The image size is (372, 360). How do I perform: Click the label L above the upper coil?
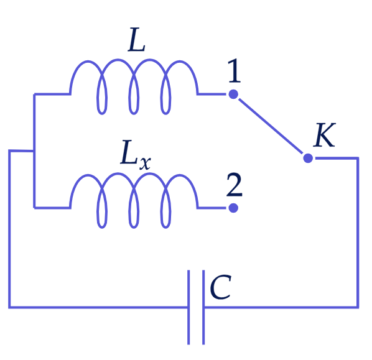pos(137,40)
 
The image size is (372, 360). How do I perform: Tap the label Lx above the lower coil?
pos(136,155)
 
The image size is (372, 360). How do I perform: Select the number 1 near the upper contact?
pos(234,71)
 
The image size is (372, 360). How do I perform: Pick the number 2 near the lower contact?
pos(235,185)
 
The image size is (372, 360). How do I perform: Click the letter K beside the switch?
pos(324,135)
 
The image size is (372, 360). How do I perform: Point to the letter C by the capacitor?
pos(220,287)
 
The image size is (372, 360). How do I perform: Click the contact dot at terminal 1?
pos(233,94)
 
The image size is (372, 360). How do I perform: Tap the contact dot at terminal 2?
pos(233,208)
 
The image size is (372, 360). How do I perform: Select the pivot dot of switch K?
pos(308,158)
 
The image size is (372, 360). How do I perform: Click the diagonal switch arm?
pos(271,126)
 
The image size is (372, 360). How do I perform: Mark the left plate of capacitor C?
pos(188,307)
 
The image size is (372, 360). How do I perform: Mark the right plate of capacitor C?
pos(203,307)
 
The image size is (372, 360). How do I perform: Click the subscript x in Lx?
pos(145,163)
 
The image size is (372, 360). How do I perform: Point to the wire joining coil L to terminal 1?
pos(212,94)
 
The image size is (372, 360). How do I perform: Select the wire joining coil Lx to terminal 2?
pos(212,208)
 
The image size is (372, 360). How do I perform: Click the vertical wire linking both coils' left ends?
pos(34,151)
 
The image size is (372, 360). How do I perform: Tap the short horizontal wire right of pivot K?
pos(337,158)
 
